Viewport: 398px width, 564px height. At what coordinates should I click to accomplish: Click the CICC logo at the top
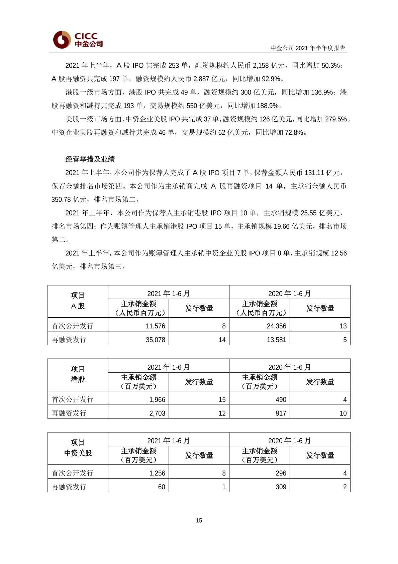tap(78, 40)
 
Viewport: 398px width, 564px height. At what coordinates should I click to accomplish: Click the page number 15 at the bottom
tap(199, 520)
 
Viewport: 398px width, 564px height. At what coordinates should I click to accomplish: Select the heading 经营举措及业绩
tap(90, 159)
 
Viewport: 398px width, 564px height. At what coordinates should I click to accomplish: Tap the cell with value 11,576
tap(156, 326)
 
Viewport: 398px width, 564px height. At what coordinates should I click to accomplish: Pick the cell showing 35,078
tap(156, 340)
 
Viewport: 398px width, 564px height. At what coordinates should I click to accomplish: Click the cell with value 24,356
tap(276, 326)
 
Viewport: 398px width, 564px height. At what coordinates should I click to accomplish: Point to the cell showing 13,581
tap(276, 340)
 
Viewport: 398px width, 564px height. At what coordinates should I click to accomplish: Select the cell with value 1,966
tap(157, 400)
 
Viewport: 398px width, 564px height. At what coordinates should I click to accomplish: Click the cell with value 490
tap(281, 400)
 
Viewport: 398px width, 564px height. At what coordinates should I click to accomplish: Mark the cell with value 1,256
tap(157, 473)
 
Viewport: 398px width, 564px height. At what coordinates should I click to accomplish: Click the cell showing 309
tap(281, 487)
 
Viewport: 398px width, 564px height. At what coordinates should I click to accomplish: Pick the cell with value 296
tap(281, 473)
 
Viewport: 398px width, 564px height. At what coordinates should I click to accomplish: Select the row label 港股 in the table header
tap(78, 380)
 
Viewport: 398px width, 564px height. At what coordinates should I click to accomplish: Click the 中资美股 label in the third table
tap(78, 453)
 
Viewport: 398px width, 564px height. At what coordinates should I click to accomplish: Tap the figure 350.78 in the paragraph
tap(61, 200)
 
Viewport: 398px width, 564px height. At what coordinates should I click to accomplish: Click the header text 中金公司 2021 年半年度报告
tap(308, 48)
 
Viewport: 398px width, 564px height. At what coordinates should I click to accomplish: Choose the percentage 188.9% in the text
tap(268, 106)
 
